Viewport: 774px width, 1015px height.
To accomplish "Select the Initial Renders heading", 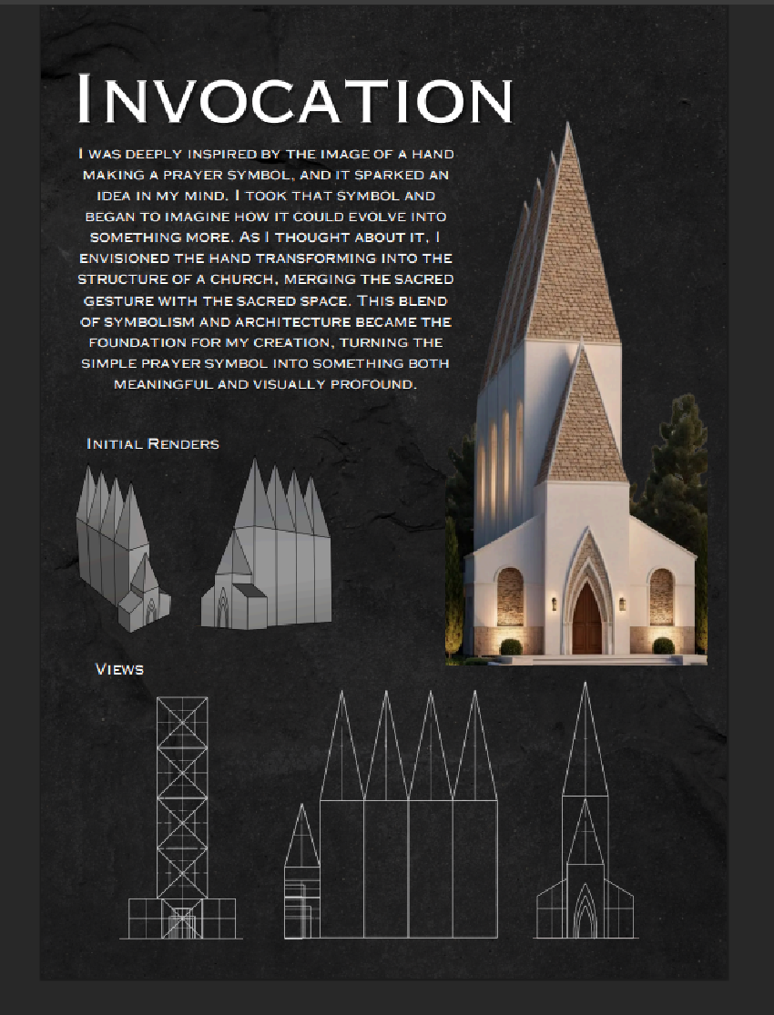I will [x=153, y=444].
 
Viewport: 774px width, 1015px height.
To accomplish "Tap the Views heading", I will [x=119, y=670].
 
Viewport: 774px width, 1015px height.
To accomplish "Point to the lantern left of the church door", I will [x=553, y=603].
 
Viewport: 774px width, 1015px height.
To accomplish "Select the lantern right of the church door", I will [x=623, y=603].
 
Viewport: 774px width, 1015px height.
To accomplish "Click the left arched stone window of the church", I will [x=511, y=597].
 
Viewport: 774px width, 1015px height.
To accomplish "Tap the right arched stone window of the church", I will [x=662, y=597].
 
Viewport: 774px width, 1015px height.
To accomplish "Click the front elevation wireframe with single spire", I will [x=586, y=819].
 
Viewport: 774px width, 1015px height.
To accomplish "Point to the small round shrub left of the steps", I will [x=511, y=646].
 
